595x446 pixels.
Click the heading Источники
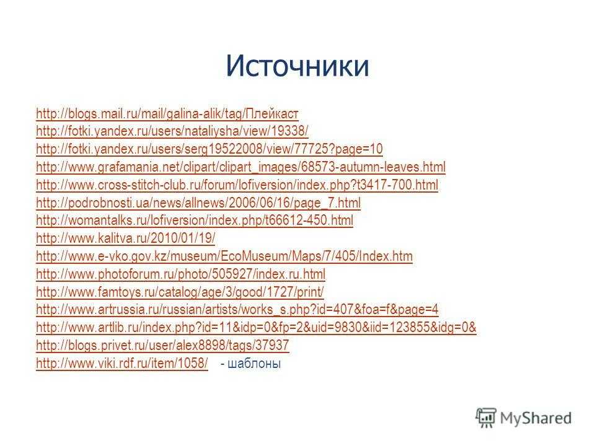click(x=297, y=66)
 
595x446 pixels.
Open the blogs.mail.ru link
click(x=167, y=113)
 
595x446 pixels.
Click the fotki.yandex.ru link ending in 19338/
click(x=172, y=131)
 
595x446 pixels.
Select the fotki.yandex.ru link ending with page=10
click(x=209, y=149)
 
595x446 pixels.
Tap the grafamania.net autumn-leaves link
click(x=240, y=167)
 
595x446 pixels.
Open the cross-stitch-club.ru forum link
click(x=237, y=185)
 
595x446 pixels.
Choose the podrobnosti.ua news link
click(x=198, y=203)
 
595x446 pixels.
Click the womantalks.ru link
click(x=195, y=221)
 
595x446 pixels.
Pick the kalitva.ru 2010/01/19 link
click(x=126, y=238)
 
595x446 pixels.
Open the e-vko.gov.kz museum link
click(x=224, y=256)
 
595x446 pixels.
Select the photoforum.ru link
click(x=180, y=274)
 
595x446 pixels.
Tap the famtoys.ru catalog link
click(x=180, y=292)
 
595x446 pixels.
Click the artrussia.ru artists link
click(x=237, y=310)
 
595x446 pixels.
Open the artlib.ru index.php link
click(x=256, y=327)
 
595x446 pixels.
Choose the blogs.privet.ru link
click(x=162, y=345)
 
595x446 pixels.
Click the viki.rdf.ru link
click(x=122, y=363)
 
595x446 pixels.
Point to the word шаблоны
click(x=254, y=364)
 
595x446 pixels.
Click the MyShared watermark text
click(x=535, y=418)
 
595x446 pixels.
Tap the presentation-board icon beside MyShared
click(x=486, y=418)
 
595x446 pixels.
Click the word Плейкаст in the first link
click(x=271, y=113)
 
